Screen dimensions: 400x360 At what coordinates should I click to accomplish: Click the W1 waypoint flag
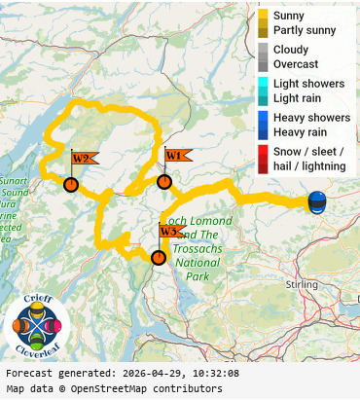[x=175, y=156]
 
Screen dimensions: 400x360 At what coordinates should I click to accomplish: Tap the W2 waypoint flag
[x=82, y=159]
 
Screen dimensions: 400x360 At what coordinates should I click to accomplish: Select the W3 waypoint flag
[x=170, y=232]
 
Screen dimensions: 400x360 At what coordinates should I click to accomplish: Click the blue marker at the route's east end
[x=317, y=202]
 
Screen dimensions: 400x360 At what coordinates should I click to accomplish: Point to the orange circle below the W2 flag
[x=70, y=184]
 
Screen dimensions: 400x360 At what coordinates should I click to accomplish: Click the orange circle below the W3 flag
[x=158, y=257]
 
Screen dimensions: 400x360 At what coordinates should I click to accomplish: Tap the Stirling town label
[x=304, y=284]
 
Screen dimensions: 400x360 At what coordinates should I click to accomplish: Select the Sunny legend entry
[x=289, y=17]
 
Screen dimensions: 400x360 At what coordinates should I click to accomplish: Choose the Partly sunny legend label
[x=305, y=31]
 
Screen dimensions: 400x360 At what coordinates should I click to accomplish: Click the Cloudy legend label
[x=291, y=50]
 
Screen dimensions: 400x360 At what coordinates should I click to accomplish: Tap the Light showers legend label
[x=308, y=84]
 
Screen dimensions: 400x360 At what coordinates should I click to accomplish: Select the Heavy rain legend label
[x=300, y=131]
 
